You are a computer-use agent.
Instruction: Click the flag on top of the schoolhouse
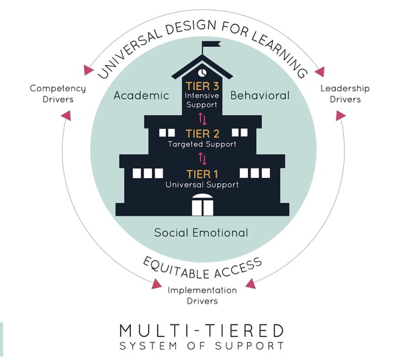(x=211, y=44)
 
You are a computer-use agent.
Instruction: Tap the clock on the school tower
(x=202, y=73)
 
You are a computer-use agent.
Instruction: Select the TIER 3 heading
(x=202, y=86)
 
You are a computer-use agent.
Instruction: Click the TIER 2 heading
(x=203, y=134)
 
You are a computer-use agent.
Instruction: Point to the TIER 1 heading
(x=203, y=174)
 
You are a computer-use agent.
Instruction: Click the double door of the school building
(x=203, y=205)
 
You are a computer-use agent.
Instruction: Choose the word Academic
(x=141, y=95)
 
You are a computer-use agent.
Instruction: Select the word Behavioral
(x=260, y=95)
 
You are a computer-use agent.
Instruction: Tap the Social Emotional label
(x=201, y=233)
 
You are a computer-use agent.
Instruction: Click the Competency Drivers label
(x=58, y=94)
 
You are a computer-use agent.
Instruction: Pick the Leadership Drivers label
(x=345, y=94)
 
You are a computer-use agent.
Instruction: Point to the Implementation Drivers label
(x=202, y=296)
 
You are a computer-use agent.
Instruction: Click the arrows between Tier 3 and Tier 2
(x=202, y=119)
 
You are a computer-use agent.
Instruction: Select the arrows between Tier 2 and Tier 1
(x=202, y=159)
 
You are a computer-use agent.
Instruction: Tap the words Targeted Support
(x=202, y=144)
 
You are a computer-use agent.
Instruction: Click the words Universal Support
(x=202, y=185)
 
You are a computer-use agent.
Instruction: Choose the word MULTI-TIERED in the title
(x=201, y=330)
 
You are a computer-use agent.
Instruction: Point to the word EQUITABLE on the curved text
(x=176, y=269)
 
